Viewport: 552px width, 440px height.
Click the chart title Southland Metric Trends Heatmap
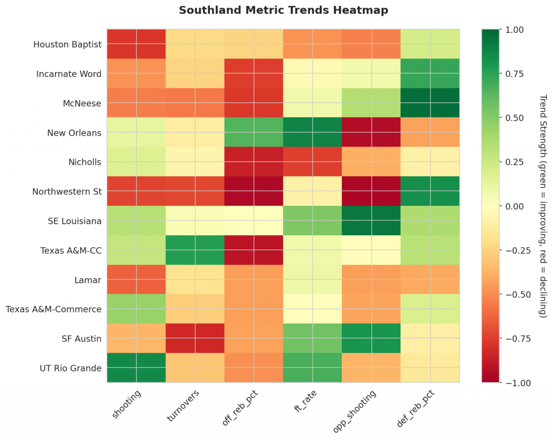(283, 10)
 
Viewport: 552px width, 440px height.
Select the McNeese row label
(82, 103)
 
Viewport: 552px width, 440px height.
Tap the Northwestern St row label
(67, 191)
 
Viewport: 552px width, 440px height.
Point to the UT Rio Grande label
(71, 368)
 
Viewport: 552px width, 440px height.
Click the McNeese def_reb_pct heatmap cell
(430, 103)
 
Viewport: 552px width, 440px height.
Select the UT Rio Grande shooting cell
(136, 368)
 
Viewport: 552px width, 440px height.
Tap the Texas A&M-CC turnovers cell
(195, 250)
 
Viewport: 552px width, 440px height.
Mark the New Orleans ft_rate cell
(312, 132)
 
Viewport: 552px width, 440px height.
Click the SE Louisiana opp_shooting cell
(371, 221)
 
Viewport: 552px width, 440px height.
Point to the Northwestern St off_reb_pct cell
(253, 191)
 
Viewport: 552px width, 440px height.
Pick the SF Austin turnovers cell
(195, 338)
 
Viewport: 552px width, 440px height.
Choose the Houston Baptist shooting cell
(136, 44)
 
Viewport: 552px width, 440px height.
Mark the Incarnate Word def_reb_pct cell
(430, 74)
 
